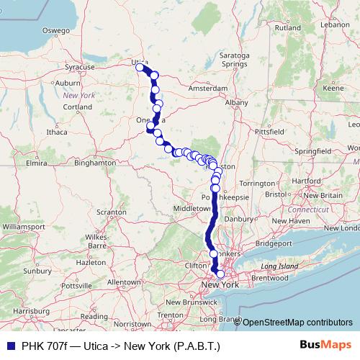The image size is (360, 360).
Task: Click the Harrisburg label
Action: pyautogui.click(x=31, y=310)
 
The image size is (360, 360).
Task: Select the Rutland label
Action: pyautogui.click(x=287, y=27)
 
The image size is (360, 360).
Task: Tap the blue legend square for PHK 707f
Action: pyautogui.click(x=9, y=346)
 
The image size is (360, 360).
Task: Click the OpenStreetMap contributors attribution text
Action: pyautogui.click(x=297, y=323)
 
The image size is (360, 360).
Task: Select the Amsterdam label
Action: pyautogui.click(x=207, y=88)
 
